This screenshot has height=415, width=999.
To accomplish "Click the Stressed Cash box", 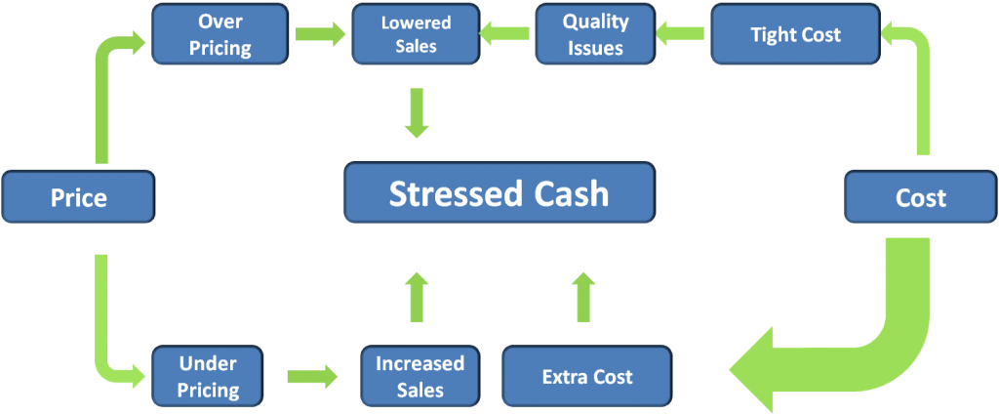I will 499,193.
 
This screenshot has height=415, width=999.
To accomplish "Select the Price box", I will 78,197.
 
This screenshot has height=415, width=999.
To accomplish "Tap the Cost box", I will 921,197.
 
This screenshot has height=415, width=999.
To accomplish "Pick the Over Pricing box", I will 220,34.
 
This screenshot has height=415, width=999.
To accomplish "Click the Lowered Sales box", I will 416,34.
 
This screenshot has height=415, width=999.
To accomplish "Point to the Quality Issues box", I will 595,34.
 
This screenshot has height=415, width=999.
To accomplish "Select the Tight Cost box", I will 795,34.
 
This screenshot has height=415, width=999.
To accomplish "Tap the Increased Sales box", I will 420,376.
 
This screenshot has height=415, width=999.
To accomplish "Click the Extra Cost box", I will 586,376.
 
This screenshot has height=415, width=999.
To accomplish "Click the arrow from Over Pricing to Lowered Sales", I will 320,34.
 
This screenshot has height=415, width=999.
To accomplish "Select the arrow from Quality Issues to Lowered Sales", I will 505,34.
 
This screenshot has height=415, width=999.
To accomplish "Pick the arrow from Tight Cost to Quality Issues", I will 681,34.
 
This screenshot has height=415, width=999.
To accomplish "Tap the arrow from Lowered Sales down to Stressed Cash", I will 418,113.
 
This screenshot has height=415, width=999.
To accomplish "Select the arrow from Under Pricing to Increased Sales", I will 312,376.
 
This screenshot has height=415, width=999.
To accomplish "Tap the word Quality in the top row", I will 595,22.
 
